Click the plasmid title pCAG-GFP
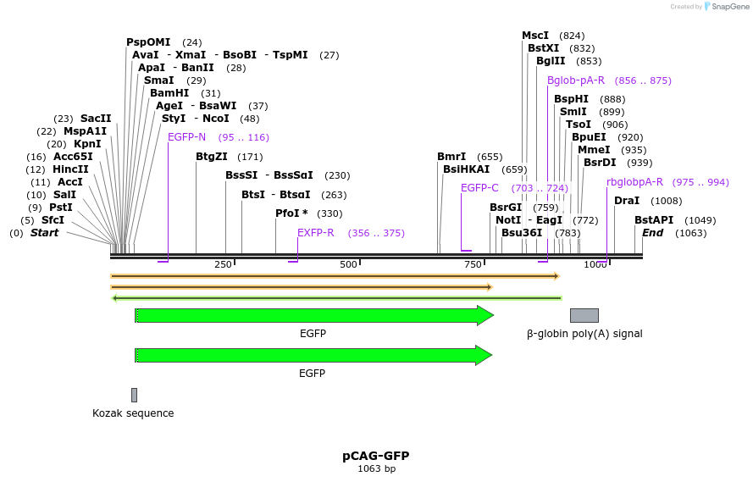pos(376,456)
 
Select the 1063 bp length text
pos(376,468)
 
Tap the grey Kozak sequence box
pos(134,395)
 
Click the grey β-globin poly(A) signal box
pos(584,315)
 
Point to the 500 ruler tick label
pos(348,265)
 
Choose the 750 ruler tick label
pos(472,265)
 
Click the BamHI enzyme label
pos(169,93)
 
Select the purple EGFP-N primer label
pos(186,137)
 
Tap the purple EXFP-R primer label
pos(315,233)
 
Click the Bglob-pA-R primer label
pos(576,80)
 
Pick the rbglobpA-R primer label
pos(634,182)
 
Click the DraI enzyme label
pos(626,201)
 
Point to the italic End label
pos(652,233)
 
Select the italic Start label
pos(44,233)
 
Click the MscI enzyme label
pos(535,36)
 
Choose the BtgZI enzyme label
pos(212,157)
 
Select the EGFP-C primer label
pos(479,188)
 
